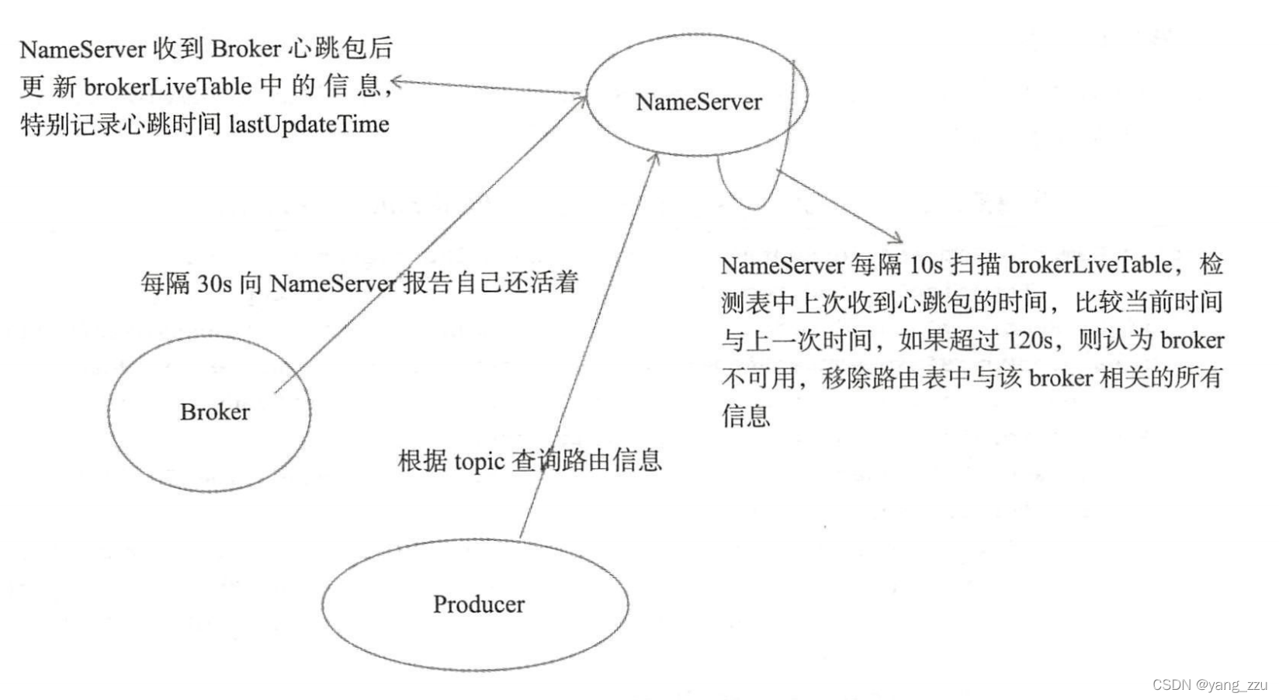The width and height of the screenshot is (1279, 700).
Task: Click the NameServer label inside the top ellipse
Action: pyautogui.click(x=698, y=102)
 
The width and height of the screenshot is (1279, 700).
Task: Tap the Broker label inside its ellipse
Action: pyautogui.click(x=215, y=412)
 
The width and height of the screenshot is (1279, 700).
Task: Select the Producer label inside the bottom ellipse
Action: pyautogui.click(x=478, y=605)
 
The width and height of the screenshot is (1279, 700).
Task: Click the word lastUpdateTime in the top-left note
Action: pyautogui.click(x=308, y=124)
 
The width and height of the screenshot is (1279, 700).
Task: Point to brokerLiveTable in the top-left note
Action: pyautogui.click(x=168, y=86)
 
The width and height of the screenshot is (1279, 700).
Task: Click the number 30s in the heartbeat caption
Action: pyautogui.click(x=214, y=283)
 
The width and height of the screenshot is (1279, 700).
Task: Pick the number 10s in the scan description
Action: pyautogui.click(x=926, y=265)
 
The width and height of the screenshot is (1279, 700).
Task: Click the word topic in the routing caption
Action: pyautogui.click(x=480, y=462)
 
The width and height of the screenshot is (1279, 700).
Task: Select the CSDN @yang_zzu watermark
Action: pyautogui.click(x=1209, y=684)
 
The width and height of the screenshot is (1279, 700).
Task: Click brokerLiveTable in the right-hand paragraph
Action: pyautogui.click(x=1090, y=265)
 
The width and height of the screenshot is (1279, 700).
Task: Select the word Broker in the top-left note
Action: pyautogui.click(x=246, y=49)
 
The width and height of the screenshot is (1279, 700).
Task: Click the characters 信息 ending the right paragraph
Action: pyautogui.click(x=746, y=416)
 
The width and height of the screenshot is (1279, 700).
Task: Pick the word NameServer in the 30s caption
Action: pyautogui.click(x=333, y=283)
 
